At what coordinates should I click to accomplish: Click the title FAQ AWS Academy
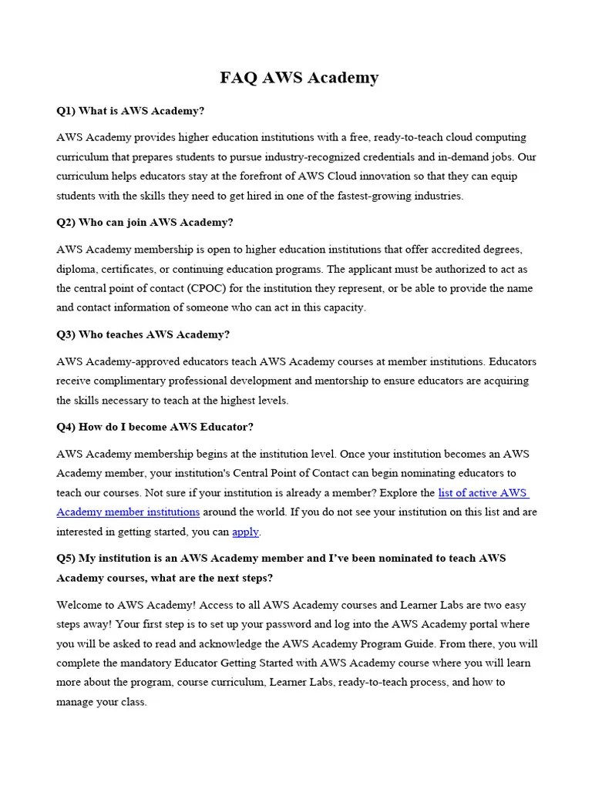tap(299, 78)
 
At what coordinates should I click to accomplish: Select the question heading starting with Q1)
tap(130, 111)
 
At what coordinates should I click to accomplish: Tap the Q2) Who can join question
tap(145, 223)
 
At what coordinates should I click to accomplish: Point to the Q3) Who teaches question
tap(143, 334)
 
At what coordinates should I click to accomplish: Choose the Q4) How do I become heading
tap(155, 427)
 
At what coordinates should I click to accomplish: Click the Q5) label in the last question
tap(66, 558)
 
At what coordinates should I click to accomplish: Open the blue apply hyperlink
tap(245, 532)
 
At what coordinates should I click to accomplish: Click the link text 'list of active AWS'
tap(483, 492)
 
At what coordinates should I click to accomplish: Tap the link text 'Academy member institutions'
tap(128, 512)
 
